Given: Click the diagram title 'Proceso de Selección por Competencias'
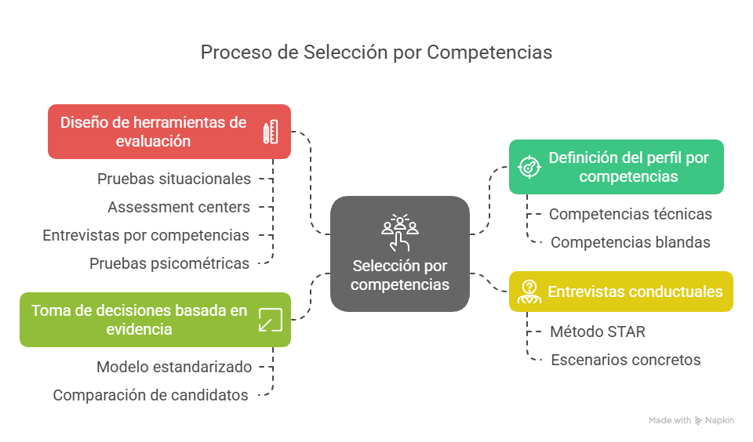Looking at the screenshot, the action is coord(376,53).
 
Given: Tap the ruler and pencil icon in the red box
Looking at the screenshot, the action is coord(271,132).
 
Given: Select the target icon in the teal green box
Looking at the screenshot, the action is coord(529,167).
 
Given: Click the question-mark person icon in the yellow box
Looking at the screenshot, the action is coord(529,292).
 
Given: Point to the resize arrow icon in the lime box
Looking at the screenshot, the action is coord(271,320).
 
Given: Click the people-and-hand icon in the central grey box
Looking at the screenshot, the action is coord(400,233).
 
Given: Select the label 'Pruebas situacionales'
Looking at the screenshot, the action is coord(174,179).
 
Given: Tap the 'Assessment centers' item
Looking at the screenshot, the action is coord(179,208).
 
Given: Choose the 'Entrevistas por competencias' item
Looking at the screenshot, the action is coord(146,236).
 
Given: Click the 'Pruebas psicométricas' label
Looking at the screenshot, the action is coord(169,264).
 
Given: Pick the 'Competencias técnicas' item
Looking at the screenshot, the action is coord(630,214).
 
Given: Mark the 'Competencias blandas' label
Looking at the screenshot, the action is coord(630,242).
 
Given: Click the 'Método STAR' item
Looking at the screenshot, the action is coord(598,331).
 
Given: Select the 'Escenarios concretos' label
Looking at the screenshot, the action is coord(626,360).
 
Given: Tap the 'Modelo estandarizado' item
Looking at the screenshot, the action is coord(174,367).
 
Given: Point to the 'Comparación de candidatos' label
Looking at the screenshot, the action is coord(151,396).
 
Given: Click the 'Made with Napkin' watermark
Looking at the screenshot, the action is coord(692,420).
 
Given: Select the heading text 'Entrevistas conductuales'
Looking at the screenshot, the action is coord(635,292).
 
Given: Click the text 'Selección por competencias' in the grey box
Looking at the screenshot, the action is coord(400,275).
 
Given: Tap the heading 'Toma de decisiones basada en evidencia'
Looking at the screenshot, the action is coord(139,320).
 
